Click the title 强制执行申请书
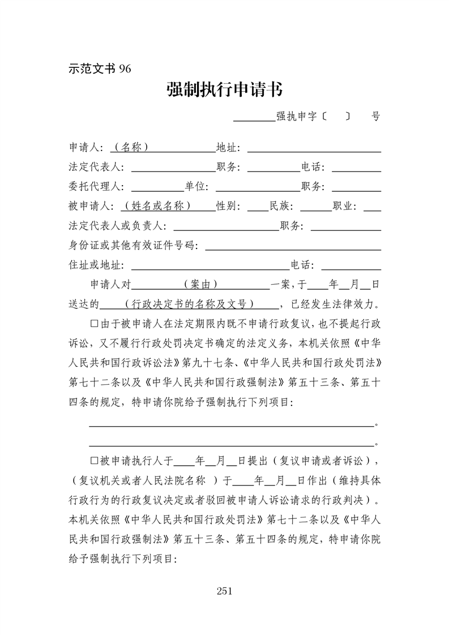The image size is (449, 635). [225, 89]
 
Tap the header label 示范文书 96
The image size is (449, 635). [100, 68]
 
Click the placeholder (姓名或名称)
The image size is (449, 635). [161, 206]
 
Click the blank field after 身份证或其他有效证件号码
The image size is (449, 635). [292, 246]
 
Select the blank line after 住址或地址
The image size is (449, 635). [209, 265]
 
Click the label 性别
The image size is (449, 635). [228, 206]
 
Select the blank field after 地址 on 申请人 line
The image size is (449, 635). [314, 148]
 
